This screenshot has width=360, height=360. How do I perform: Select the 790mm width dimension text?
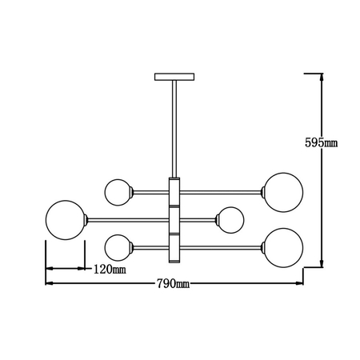click(172, 284)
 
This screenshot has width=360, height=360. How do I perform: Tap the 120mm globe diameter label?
click(110, 269)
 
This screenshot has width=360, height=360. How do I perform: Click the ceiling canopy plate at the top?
click(174, 77)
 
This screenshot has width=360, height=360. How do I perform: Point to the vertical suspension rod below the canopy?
click(174, 128)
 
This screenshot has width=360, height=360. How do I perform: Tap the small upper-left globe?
click(118, 191)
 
